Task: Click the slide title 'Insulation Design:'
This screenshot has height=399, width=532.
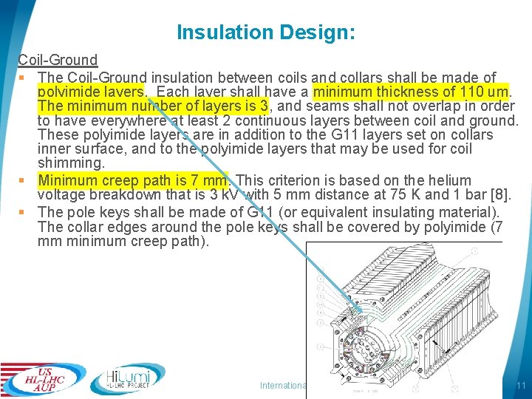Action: coord(266,33)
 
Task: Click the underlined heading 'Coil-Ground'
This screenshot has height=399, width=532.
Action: coord(58,60)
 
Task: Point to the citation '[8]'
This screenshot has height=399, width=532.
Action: coord(501,196)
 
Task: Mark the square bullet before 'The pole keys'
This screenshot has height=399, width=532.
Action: coord(24,211)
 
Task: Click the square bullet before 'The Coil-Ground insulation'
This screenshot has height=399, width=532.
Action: coord(24,78)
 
